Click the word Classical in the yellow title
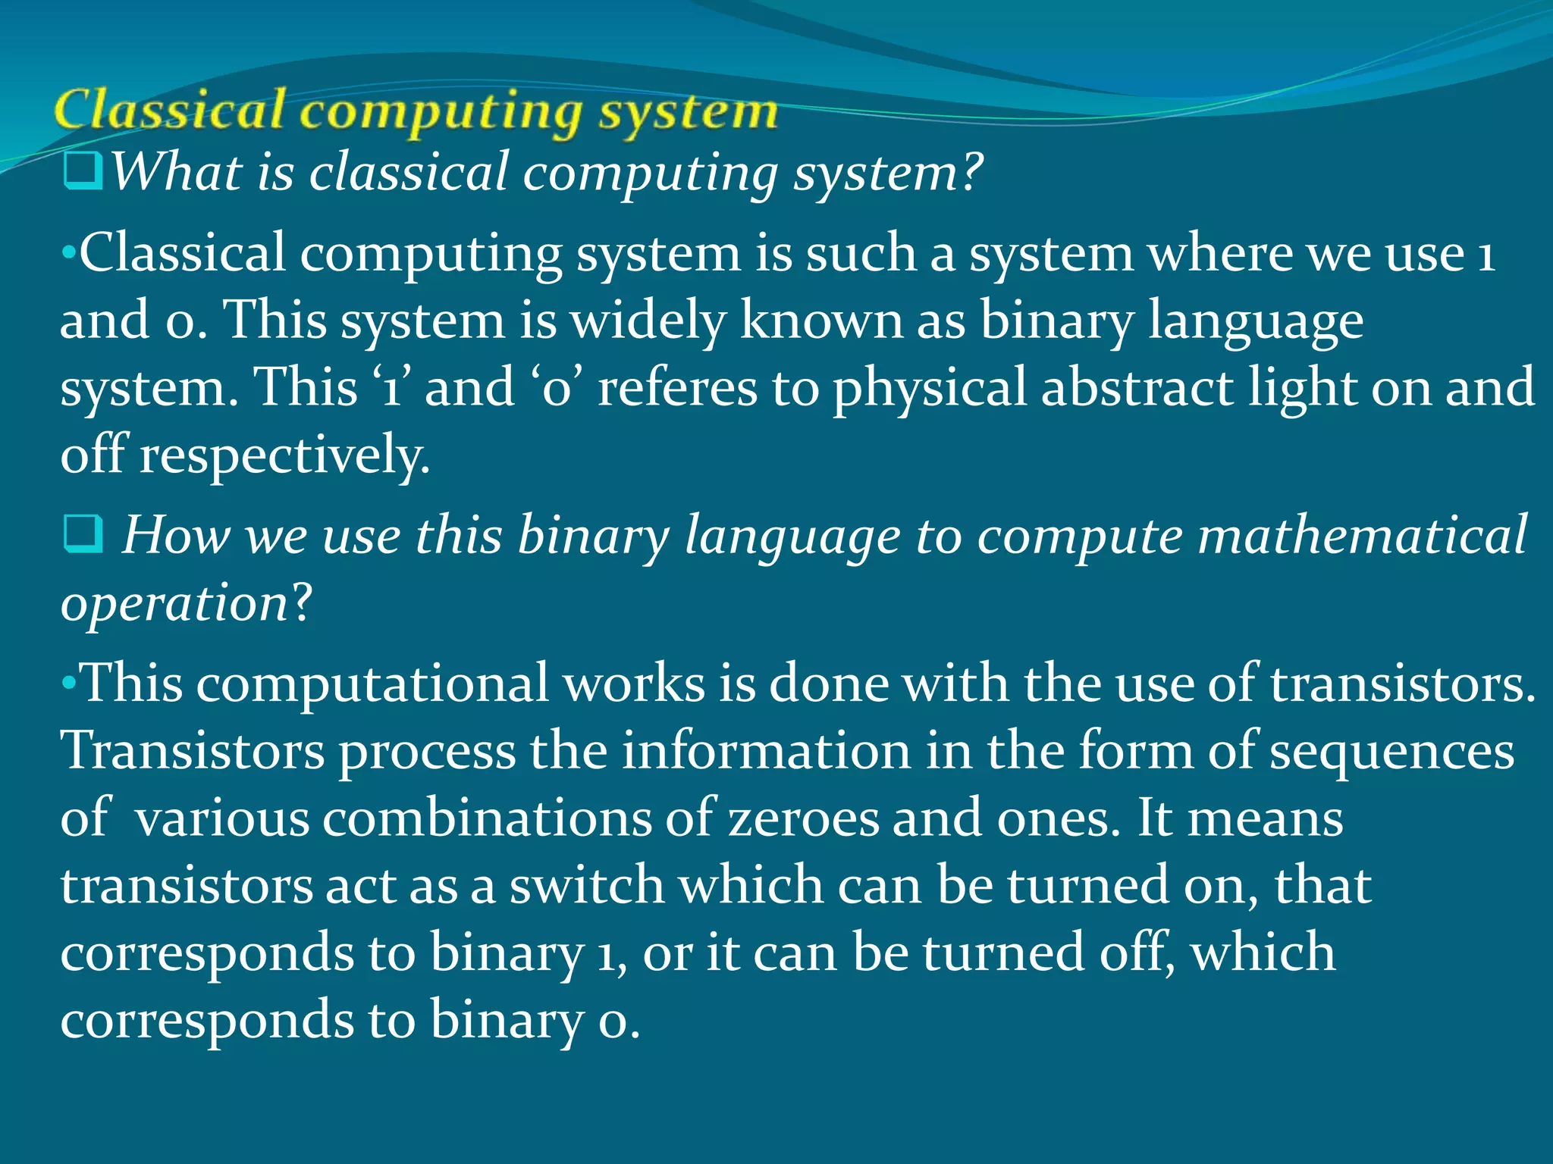(171, 111)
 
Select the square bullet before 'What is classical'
(83, 171)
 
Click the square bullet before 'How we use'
(83, 535)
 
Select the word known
(821, 320)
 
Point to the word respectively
(284, 456)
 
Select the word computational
(372, 684)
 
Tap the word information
(766, 751)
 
